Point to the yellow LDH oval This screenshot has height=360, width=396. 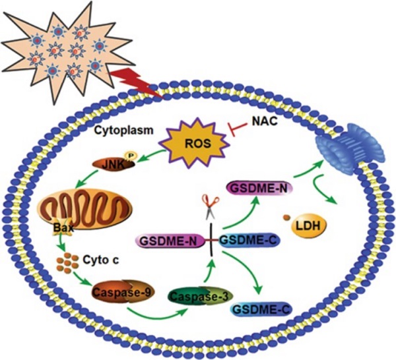point(308,225)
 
